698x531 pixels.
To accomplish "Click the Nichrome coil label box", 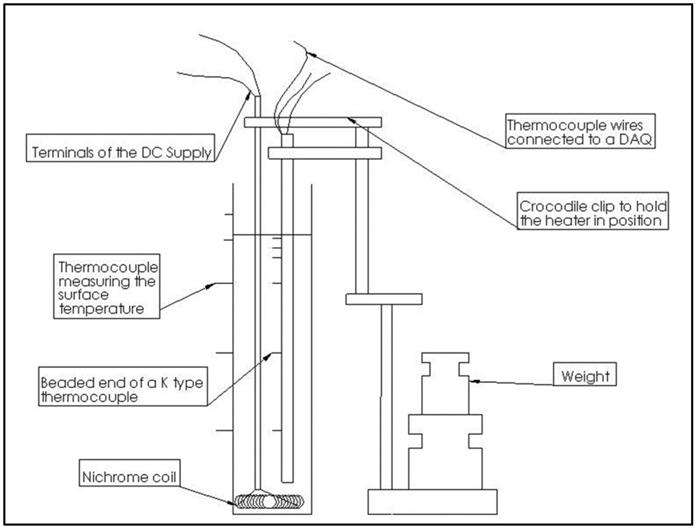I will [129, 477].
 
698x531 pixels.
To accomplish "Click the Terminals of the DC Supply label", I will [121, 153].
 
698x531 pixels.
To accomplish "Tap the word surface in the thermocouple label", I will [83, 295].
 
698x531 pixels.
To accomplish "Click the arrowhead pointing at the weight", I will [473, 381].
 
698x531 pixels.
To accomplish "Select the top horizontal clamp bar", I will [313, 122].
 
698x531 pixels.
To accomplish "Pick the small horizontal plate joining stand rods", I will [384, 299].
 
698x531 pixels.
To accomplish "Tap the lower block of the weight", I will [445, 452].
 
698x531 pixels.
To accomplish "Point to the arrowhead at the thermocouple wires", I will [311, 54].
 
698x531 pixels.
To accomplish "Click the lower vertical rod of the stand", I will [386, 395].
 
